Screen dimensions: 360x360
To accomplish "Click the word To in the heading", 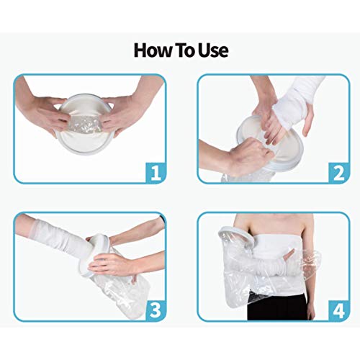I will coord(185,50).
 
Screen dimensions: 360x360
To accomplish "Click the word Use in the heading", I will coord(212,50).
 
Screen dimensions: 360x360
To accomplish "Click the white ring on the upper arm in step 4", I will coord(229,234).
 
